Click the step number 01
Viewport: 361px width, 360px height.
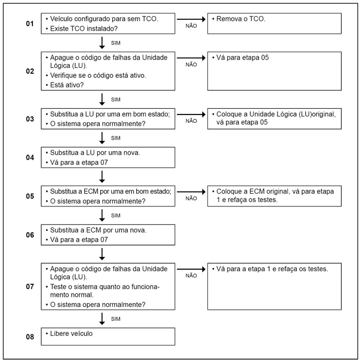pos(30,24)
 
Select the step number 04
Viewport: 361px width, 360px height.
pos(30,157)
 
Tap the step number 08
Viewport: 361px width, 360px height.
pos(30,337)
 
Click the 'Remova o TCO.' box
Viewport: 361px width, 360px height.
pos(275,24)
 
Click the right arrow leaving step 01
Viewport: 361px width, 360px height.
pos(191,19)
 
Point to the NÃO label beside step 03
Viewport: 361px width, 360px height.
pos(191,121)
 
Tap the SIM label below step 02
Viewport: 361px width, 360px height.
pos(115,99)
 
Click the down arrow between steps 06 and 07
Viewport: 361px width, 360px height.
pos(102,253)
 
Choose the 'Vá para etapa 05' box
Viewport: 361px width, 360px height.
pos(275,71)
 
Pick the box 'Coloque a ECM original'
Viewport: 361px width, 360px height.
pos(275,195)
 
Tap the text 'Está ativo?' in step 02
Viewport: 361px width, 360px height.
pos(68,85)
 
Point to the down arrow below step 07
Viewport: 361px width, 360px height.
pos(102,319)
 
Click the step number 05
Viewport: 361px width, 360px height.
pos(30,196)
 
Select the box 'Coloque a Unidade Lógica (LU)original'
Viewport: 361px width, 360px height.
pos(275,118)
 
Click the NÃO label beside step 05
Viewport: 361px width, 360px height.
pos(191,199)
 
